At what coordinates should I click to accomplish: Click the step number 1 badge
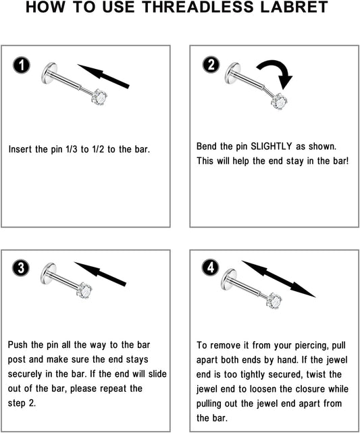pyautogui.click(x=21, y=66)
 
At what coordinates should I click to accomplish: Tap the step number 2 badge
pyautogui.click(x=211, y=65)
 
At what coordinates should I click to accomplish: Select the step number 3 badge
pyautogui.click(x=21, y=268)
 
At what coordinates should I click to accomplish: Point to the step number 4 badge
pyautogui.click(x=211, y=268)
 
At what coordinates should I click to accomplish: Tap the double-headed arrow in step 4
pyautogui.click(x=278, y=279)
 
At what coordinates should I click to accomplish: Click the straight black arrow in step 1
pyautogui.click(x=103, y=76)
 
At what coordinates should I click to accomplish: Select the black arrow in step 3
pyautogui.click(x=100, y=274)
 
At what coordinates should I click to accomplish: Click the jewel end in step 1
pyautogui.click(x=99, y=97)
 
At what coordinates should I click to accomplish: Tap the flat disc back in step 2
pyautogui.click(x=232, y=73)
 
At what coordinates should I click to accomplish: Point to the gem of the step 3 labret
pyautogui.click(x=84, y=290)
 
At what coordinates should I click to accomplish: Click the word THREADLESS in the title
pyautogui.click(x=198, y=7)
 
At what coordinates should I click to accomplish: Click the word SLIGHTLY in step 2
pyautogui.click(x=271, y=146)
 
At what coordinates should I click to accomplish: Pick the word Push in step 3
pyautogui.click(x=18, y=345)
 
